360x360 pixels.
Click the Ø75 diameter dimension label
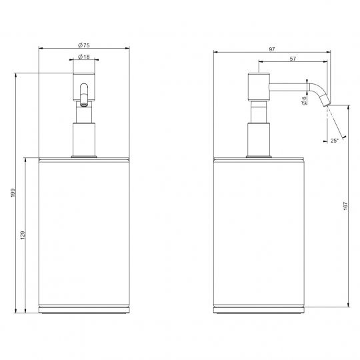(84, 45)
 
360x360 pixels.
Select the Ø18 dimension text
(84, 57)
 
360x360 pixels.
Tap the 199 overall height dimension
(13, 193)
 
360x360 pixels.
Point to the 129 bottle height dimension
(23, 235)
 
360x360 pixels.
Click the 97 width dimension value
(272, 49)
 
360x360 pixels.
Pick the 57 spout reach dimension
(293, 59)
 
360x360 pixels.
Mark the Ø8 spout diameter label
(304, 101)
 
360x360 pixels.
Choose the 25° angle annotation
(335, 141)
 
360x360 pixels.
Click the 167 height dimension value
(345, 206)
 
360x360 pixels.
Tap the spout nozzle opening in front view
(84, 105)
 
